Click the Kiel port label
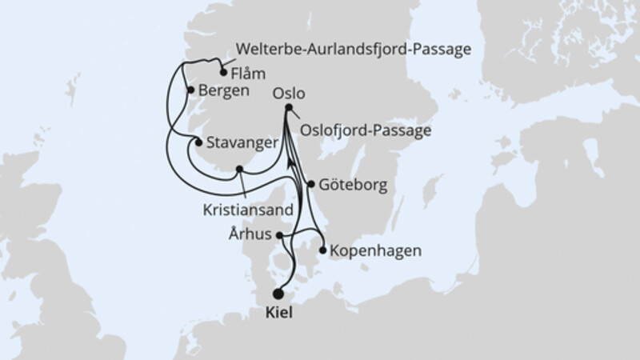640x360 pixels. [x=278, y=314]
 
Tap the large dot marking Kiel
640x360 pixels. [x=278, y=294]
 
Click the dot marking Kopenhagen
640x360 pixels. [x=323, y=250]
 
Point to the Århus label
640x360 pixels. [x=251, y=235]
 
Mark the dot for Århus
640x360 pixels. [x=278, y=235]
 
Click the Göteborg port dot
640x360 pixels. [x=310, y=183]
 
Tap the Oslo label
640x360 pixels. [x=289, y=93]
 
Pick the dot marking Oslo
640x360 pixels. [x=288, y=108]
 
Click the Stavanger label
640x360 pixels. [x=242, y=144]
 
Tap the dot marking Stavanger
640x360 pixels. [x=198, y=142]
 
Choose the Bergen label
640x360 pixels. [x=222, y=90]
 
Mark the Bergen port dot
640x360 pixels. [x=190, y=90]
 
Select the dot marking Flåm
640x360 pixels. [x=222, y=73]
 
